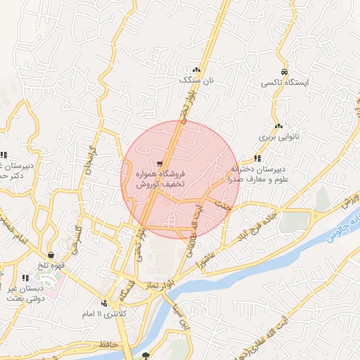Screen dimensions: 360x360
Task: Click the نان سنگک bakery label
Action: click(195, 81)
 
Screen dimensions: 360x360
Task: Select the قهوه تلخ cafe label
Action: click(52, 265)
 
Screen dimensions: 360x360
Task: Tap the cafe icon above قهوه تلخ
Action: click(51, 255)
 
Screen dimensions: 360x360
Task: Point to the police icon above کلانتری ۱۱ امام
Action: click(104, 303)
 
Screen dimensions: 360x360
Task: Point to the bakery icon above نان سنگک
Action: click(196, 70)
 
